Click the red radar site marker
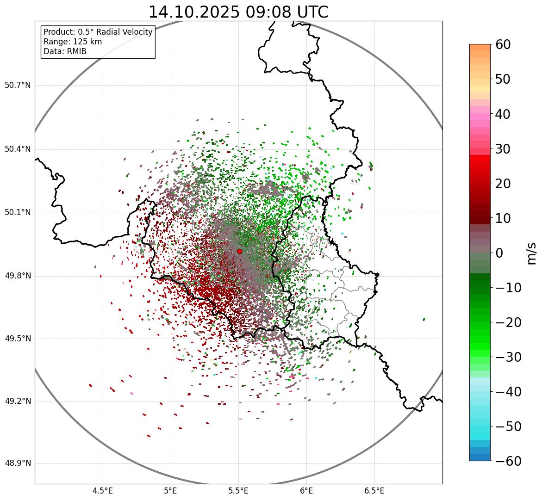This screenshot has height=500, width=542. pos(239,251)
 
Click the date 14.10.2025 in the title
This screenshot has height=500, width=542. pos(194,12)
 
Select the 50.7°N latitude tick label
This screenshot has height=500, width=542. pos(18,85)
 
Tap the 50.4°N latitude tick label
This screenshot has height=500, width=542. pos(18,149)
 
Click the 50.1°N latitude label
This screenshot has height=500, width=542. pos(18,213)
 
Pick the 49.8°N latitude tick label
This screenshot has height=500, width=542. pos(18,276)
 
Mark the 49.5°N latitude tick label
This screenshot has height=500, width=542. pos(18,339)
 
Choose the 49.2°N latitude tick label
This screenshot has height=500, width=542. pos(18,401)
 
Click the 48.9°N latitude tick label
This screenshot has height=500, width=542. pos(18,463)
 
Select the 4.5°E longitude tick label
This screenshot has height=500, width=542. pos(103,490)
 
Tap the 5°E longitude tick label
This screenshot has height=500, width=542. pos(171,490)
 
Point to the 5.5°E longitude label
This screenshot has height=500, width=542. pos(238,490)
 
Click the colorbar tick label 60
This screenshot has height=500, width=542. pos(503,44)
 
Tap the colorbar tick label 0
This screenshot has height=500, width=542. pos(500,253)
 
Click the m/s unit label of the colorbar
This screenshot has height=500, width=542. pos(532,253)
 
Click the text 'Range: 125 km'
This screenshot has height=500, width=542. pos(73,42)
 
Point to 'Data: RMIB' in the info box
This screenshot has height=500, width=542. pos(65,51)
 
